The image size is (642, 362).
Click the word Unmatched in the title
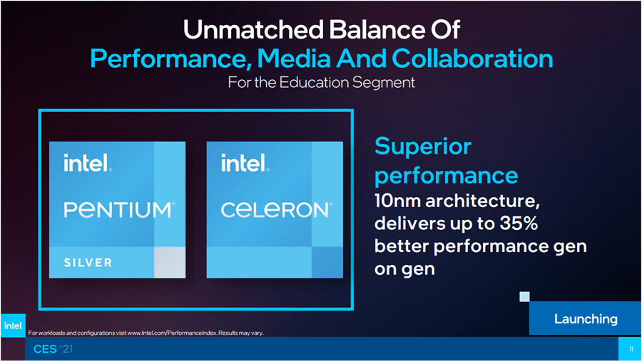point(253,29)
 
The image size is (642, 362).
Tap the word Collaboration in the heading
point(472,59)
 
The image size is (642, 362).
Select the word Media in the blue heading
point(294,59)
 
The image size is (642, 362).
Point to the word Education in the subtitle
point(314,82)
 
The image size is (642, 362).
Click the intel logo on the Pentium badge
point(88,163)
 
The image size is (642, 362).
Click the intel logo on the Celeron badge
point(245,163)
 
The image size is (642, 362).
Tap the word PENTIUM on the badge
point(119,209)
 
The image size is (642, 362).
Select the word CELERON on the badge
point(276,209)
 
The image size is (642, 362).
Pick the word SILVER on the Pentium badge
point(88,263)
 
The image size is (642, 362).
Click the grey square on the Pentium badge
point(170,262)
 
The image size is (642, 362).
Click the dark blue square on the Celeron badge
point(327,262)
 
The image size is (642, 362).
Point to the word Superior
point(423,146)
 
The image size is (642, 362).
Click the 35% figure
point(519,223)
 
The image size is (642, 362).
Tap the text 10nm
point(397,201)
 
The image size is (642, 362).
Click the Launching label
point(586,319)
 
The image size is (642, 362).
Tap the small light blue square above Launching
point(524,296)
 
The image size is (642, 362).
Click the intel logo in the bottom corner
point(13,326)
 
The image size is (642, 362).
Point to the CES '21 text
point(53,349)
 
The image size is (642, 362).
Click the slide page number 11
point(631,349)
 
